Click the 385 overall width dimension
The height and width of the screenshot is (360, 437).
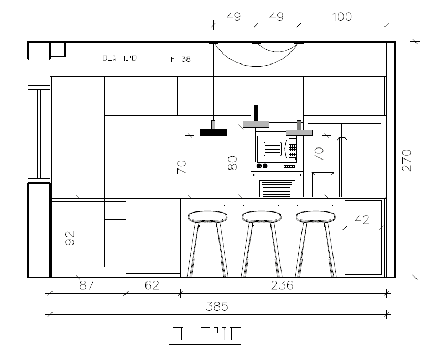click(x=217, y=306)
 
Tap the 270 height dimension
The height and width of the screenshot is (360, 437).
click(x=407, y=160)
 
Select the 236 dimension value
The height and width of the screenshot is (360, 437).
click(x=282, y=285)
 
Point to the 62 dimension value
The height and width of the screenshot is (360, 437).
click(x=152, y=285)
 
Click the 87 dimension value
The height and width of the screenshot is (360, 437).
click(x=87, y=285)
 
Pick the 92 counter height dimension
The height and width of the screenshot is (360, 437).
click(x=70, y=238)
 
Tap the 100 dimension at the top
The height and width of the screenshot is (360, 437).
click(x=342, y=17)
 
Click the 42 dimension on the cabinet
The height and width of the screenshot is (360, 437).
click(x=362, y=220)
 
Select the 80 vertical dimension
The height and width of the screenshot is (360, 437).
click(x=233, y=163)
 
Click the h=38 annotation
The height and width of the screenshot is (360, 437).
click(x=181, y=59)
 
